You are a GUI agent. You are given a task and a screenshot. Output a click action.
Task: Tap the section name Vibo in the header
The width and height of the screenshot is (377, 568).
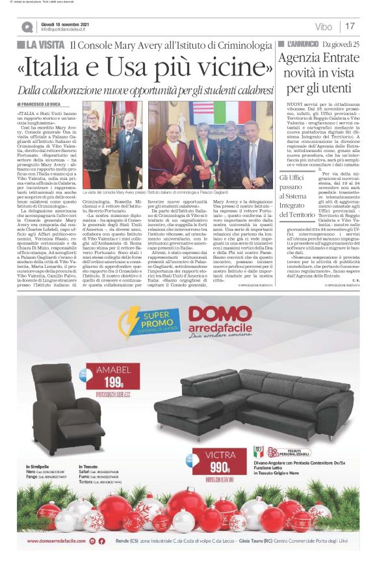pyautogui.click(x=323, y=27)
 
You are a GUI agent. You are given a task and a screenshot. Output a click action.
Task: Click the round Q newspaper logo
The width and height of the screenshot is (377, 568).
pyautogui.click(x=27, y=27)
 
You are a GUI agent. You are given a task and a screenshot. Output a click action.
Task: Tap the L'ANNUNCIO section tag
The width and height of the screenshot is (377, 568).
pyautogui.click(x=298, y=44)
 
